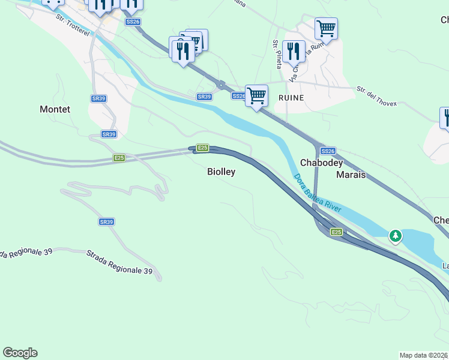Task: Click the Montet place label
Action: [55, 109]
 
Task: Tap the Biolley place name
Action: [221, 172]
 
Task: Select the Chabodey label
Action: [321, 163]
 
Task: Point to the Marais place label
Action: [351, 175]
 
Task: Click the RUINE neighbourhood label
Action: [291, 97]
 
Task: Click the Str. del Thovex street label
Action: [377, 96]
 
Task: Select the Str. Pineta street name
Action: [277, 54]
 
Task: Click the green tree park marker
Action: [395, 236]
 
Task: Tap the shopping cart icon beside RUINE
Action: [256, 95]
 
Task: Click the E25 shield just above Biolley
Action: [203, 148]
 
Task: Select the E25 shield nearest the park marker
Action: [336, 232]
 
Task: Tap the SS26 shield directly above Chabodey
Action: [327, 151]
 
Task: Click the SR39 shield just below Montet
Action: [108, 134]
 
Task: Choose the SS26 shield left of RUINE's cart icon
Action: [238, 96]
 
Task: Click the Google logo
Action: [20, 353]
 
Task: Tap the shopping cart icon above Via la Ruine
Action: [325, 28]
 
